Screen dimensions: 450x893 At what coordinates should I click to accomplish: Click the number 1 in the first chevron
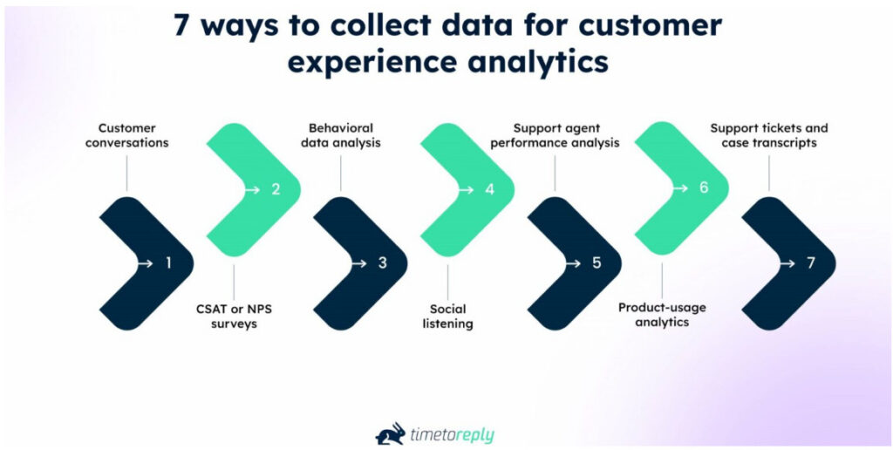(168, 262)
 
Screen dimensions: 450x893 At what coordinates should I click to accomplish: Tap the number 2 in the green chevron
(275, 187)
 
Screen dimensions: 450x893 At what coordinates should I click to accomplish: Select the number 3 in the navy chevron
(382, 262)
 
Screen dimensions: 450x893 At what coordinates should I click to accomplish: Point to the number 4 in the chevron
(489, 187)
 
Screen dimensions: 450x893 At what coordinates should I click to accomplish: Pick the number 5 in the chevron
(596, 262)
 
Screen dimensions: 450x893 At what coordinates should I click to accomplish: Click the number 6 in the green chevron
(704, 187)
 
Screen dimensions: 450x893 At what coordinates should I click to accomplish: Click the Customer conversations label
(127, 135)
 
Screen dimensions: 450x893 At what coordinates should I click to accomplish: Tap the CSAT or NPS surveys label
(235, 316)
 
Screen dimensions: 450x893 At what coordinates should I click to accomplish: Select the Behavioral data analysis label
(341, 135)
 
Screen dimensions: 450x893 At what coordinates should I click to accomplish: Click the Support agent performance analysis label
(555, 135)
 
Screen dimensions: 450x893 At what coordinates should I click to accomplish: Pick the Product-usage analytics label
(662, 315)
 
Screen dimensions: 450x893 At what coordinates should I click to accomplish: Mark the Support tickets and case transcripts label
(769, 135)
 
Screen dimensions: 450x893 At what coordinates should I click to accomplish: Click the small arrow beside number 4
(469, 188)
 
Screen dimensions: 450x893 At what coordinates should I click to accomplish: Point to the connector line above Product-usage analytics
(662, 279)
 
